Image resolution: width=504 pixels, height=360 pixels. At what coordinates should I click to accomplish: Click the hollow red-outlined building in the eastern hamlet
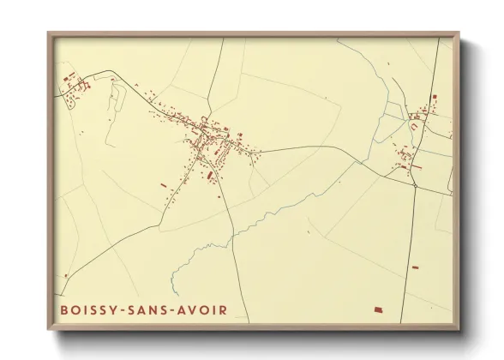pos(416,126)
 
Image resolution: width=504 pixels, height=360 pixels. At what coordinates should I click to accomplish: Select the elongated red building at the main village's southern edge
pos(210,175)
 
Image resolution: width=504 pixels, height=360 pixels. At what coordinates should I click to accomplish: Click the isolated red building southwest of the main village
pos(163,183)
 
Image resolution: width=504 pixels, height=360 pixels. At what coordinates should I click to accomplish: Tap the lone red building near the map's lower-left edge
pos(65,275)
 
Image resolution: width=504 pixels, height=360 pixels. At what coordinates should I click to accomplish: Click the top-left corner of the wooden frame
pos(49,34)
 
